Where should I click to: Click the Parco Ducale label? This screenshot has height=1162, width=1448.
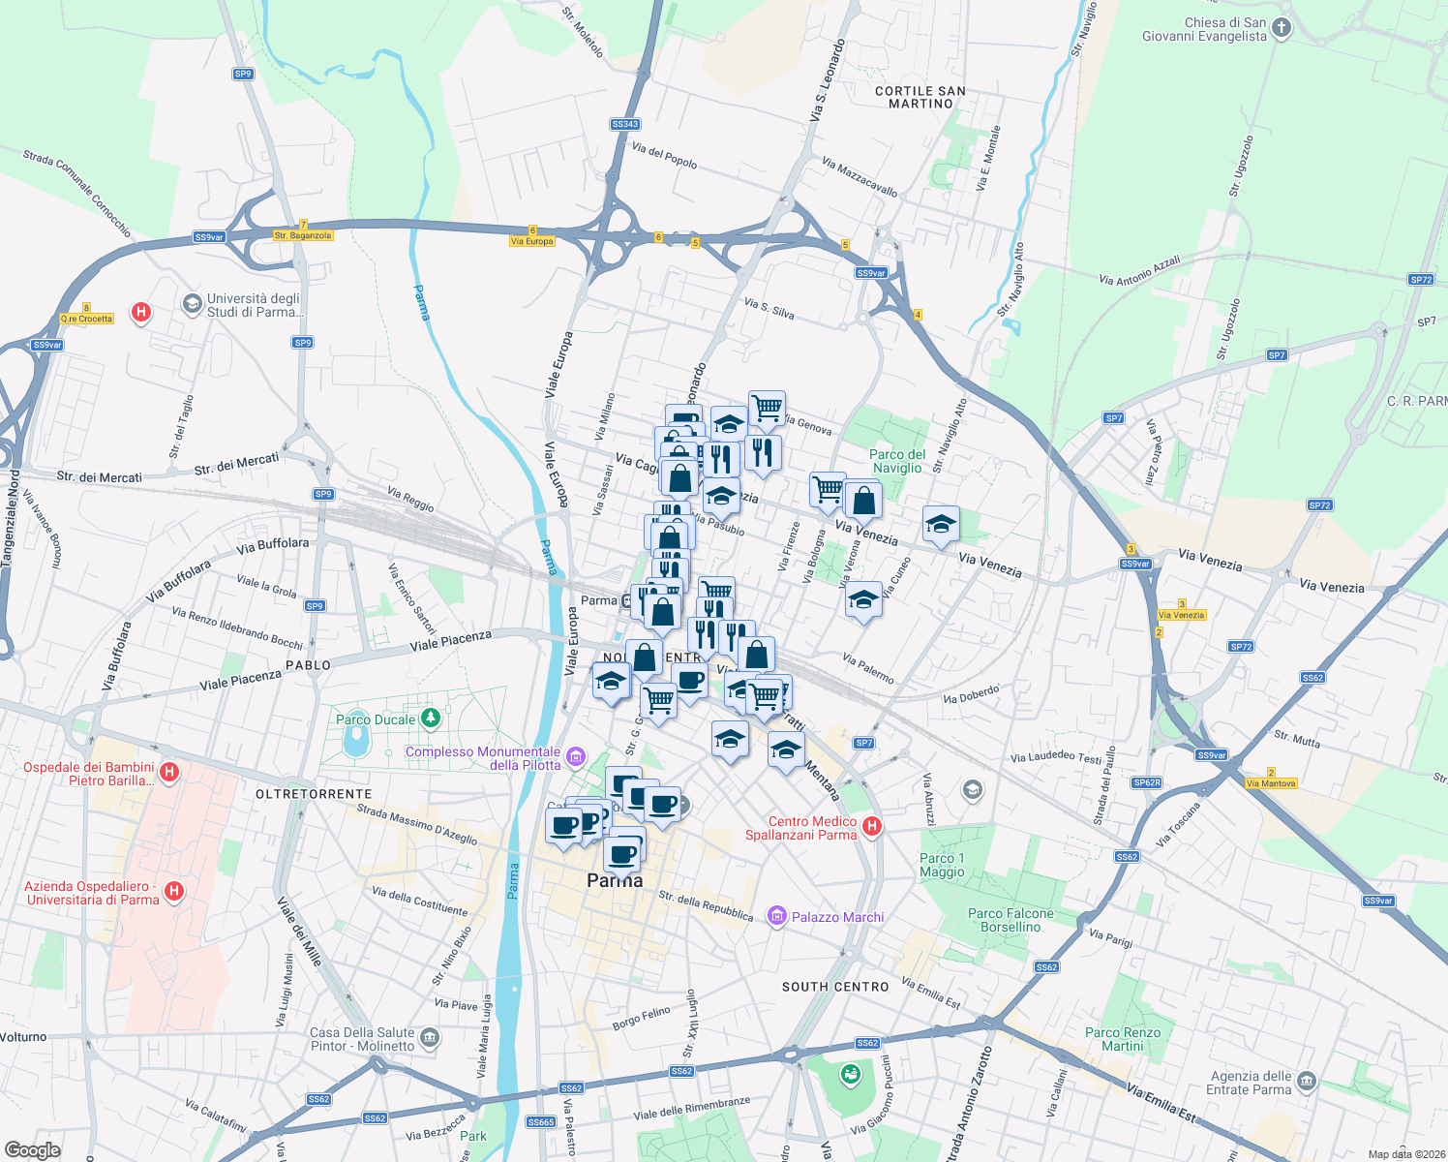click(376, 719)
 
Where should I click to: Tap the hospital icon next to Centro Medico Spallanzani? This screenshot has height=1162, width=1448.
click(871, 826)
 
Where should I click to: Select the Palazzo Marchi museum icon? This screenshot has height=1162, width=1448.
click(776, 916)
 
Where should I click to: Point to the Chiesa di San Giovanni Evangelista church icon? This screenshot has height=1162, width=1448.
click(1282, 28)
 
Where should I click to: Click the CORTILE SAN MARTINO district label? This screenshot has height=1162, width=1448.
click(920, 97)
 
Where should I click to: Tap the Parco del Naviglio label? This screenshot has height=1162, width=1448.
click(897, 461)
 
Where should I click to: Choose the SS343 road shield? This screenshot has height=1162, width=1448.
click(625, 124)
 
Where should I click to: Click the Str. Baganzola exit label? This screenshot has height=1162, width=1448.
click(303, 235)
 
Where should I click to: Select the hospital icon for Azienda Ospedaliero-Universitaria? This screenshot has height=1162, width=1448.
click(174, 891)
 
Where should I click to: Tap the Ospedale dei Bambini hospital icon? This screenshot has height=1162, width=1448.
click(169, 772)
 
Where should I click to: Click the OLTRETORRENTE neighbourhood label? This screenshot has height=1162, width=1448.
click(314, 794)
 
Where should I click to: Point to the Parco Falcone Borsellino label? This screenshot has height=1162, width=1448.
click(1011, 920)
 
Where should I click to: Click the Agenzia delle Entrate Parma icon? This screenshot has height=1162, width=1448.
click(1306, 1081)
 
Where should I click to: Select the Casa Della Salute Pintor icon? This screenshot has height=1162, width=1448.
click(430, 1038)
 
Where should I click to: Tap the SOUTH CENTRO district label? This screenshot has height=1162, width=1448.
click(835, 987)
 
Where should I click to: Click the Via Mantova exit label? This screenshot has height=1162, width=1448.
click(1271, 783)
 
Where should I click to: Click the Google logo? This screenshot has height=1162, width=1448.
click(33, 1149)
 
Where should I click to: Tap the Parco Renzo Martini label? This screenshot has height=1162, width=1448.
click(1123, 1039)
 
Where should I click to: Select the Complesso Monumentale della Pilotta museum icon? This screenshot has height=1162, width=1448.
click(576, 756)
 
